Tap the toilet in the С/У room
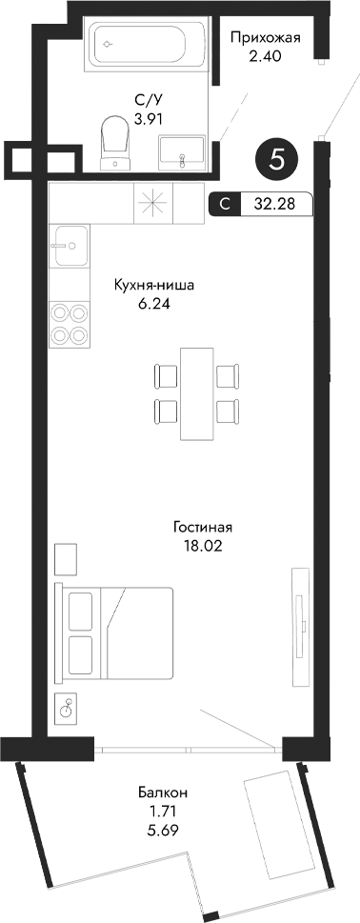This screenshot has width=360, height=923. (117, 140)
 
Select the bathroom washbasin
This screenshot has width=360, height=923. (181, 151)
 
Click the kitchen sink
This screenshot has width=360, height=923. (70, 250)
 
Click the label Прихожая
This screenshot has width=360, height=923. (267, 38)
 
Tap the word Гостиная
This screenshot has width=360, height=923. (203, 526)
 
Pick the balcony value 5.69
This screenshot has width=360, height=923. (162, 831)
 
